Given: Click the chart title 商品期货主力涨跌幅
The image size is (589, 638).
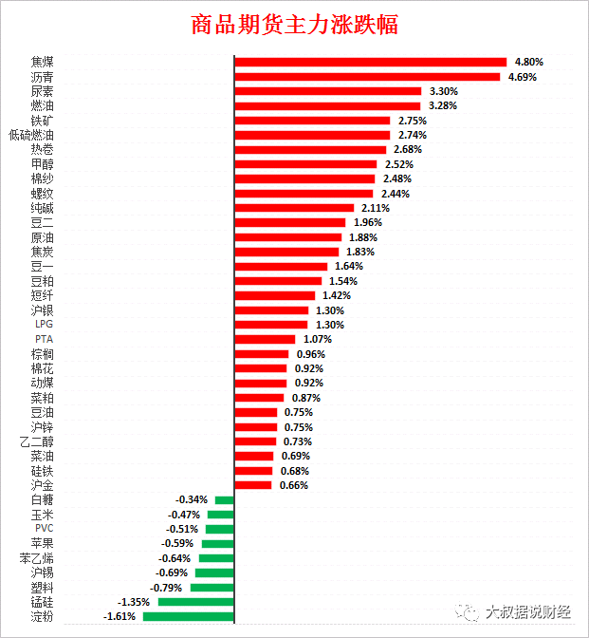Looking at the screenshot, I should point(294,25).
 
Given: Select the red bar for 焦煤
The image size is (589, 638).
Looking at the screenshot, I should point(370,63).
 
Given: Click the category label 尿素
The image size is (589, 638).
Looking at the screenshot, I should point(42,92).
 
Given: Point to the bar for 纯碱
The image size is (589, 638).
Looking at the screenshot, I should point(294,208).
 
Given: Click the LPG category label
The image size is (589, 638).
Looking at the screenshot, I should point(44,325).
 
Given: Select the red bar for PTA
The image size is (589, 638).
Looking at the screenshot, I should point(265,339).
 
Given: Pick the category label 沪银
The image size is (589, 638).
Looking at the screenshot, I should point(42,310).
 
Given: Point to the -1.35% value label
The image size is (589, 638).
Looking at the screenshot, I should point(135,602).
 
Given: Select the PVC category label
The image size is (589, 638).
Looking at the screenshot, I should point(44,529).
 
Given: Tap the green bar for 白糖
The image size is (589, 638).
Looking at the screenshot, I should point(224,499).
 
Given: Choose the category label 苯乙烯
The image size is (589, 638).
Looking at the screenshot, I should point(37,558).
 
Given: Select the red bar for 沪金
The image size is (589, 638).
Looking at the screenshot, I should point(252,485).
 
